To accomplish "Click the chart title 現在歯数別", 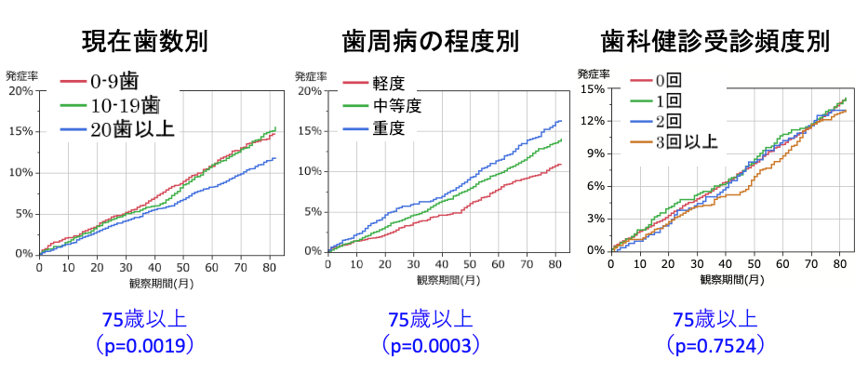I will (x=144, y=41).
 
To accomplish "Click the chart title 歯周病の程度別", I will (x=430, y=41).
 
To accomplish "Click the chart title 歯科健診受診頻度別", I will (x=715, y=41).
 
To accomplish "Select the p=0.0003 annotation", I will (x=430, y=346).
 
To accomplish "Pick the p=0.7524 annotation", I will (x=715, y=346).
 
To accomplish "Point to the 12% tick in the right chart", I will (x=594, y=121).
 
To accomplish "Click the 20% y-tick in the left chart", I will (x=20, y=91).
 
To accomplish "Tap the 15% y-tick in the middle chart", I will (x=310, y=130).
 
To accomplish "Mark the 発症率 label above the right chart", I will (x=593, y=73).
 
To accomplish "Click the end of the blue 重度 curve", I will (x=562, y=120).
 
